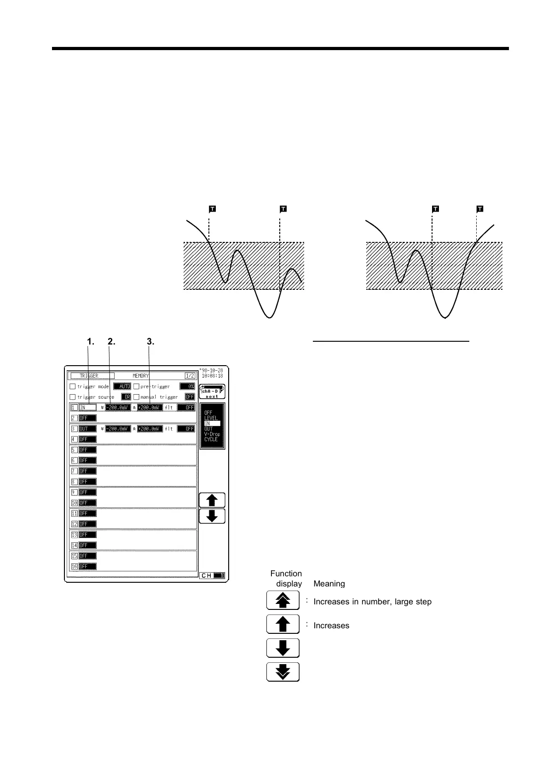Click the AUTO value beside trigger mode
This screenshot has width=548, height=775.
click(122, 386)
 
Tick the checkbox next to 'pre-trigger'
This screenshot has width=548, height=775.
click(136, 386)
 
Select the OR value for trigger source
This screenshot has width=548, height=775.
click(126, 397)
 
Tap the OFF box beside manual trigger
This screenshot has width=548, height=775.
click(190, 397)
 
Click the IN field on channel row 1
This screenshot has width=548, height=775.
click(87, 408)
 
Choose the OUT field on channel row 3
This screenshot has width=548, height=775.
click(87, 429)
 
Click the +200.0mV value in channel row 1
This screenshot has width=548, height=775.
click(150, 408)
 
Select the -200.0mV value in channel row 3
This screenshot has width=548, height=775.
click(118, 429)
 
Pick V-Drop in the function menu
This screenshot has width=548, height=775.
click(212, 434)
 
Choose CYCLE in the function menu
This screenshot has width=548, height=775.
click(211, 439)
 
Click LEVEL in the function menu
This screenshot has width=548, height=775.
click(211, 418)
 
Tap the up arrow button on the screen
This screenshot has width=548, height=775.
click(212, 500)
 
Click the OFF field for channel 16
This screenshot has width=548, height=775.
click(87, 567)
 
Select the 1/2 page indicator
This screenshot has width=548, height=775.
click(190, 376)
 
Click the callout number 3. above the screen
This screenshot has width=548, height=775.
click(150, 341)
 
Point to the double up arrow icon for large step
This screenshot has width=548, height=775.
click(283, 601)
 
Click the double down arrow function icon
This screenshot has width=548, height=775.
click(283, 672)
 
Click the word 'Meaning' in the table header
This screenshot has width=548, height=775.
click(329, 584)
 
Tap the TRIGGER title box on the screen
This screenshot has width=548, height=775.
click(90, 376)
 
